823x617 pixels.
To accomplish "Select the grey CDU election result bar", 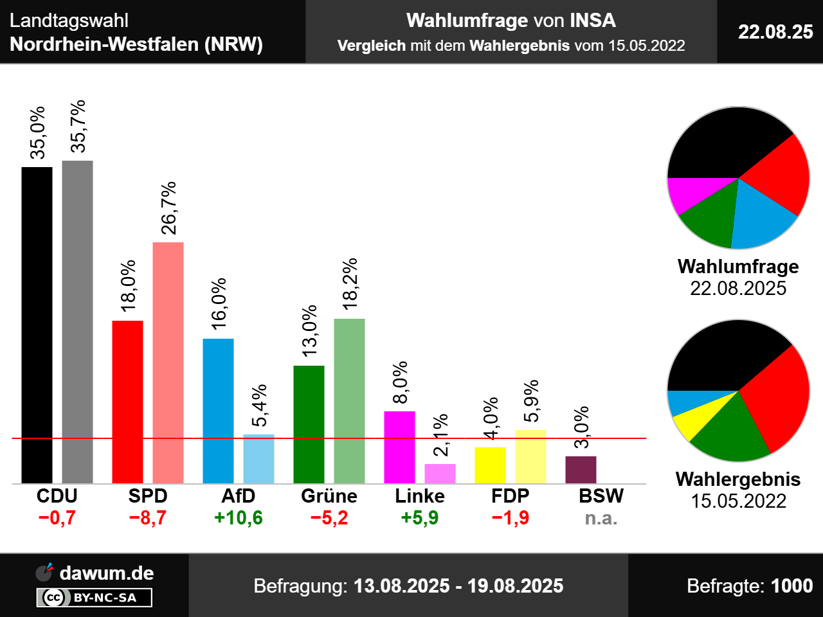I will (77, 321).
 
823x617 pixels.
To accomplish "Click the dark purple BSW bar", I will (581, 470).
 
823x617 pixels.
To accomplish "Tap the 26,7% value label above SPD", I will (168, 208).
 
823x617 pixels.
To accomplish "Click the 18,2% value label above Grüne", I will (350, 284).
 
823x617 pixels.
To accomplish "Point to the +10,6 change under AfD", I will (239, 518).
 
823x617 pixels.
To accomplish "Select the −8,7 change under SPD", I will (148, 518).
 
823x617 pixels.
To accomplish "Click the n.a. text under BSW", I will (601, 518).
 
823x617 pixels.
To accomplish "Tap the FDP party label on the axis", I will (511, 496).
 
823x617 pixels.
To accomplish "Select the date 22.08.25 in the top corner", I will (775, 31).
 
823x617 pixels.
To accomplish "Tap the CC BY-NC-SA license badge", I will (95, 598).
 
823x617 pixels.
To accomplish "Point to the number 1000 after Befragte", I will (791, 586).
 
